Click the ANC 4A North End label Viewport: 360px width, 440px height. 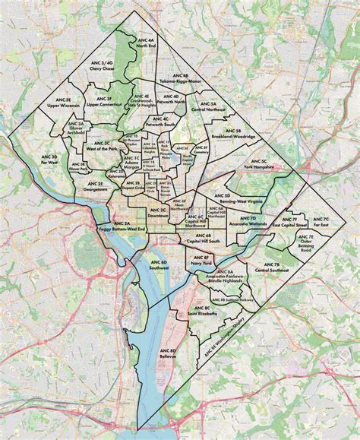(145, 43)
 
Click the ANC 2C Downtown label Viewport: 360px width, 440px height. (158, 213)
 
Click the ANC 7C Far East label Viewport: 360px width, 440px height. (321, 222)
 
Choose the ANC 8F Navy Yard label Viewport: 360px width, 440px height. (201, 260)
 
